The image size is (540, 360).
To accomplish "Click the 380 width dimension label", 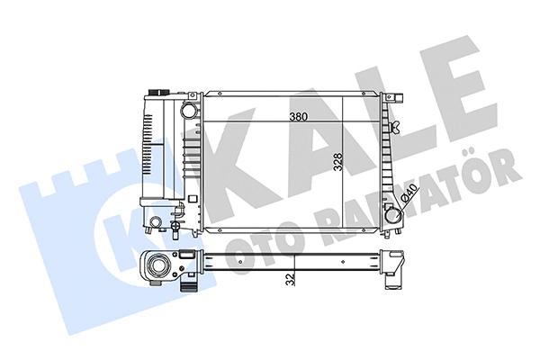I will (301, 117).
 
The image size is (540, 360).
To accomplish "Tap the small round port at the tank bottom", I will (155, 222).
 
